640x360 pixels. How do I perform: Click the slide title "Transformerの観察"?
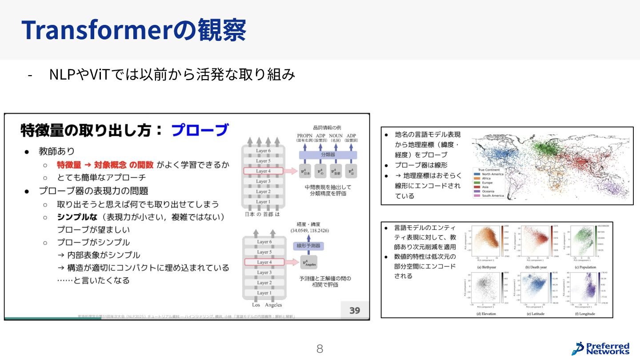pos(134,30)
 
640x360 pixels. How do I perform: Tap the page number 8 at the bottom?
pos(320,349)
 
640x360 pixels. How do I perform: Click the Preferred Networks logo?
pos(600,348)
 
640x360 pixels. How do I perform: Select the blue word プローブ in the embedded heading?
pos(200,130)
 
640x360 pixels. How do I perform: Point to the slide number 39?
pos(354,310)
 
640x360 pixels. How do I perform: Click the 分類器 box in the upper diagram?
pos(328,155)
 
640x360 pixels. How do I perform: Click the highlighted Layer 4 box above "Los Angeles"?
pos(264,262)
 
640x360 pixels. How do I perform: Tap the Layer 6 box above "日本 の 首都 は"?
pos(264,151)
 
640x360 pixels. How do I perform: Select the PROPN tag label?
pos(305,136)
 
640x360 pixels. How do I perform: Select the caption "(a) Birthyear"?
pos(487,267)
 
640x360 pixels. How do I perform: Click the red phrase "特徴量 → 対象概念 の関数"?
pos(105,165)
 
